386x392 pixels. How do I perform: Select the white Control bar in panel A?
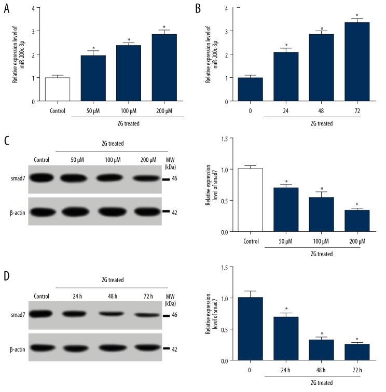(58, 89)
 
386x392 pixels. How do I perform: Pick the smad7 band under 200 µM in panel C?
(149, 178)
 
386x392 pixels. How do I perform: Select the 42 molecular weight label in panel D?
(174, 349)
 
